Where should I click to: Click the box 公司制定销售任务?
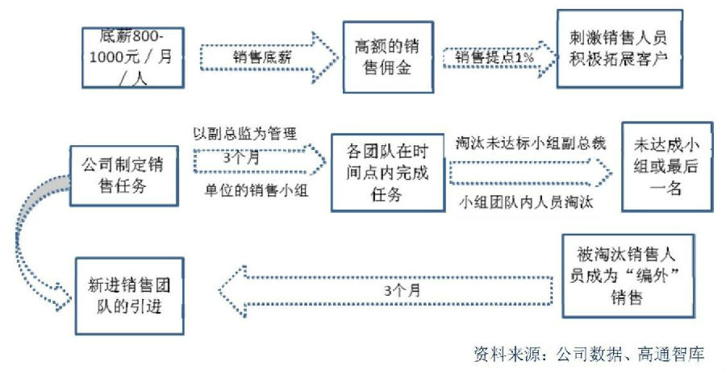coord(124,176)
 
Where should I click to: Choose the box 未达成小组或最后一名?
coord(666,166)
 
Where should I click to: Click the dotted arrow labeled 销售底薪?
coord(266,56)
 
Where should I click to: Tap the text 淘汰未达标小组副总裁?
coord(531,143)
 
